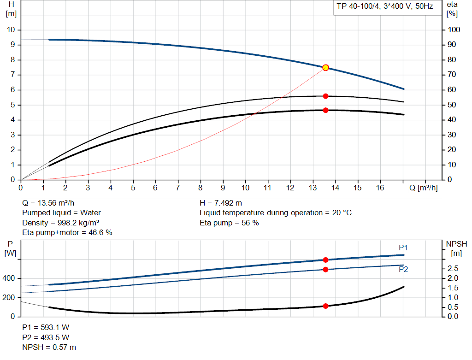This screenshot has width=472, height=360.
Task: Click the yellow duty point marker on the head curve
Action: pyautogui.click(x=325, y=68)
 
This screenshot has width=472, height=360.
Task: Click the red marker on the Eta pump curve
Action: pyautogui.click(x=325, y=96)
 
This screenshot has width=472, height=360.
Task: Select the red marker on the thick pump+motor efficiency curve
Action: pyautogui.click(x=325, y=110)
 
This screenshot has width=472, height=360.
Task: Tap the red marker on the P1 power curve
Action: pyautogui.click(x=325, y=260)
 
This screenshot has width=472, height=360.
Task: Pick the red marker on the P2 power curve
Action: pyautogui.click(x=325, y=269)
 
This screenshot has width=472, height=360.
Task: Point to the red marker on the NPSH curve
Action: pyautogui.click(x=325, y=306)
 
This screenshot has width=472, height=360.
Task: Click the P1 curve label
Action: pyautogui.click(x=403, y=248)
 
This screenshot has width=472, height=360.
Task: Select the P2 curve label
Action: pyautogui.click(x=403, y=270)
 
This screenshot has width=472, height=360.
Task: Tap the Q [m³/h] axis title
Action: pyautogui.click(x=423, y=188)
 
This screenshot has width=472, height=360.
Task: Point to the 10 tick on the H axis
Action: pyautogui.click(x=12, y=30)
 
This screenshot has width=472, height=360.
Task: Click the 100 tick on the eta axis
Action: pyautogui.click(x=454, y=30)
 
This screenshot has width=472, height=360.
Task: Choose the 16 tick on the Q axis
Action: pyautogui.click(x=380, y=188)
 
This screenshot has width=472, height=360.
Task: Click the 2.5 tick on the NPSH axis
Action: pyautogui.click(x=453, y=268)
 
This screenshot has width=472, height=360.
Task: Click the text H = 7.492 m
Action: pyautogui.click(x=221, y=203)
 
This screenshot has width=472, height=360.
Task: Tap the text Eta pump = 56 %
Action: pyautogui.click(x=229, y=223)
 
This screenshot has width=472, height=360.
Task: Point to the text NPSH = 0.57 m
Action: pyautogui.click(x=49, y=347)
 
